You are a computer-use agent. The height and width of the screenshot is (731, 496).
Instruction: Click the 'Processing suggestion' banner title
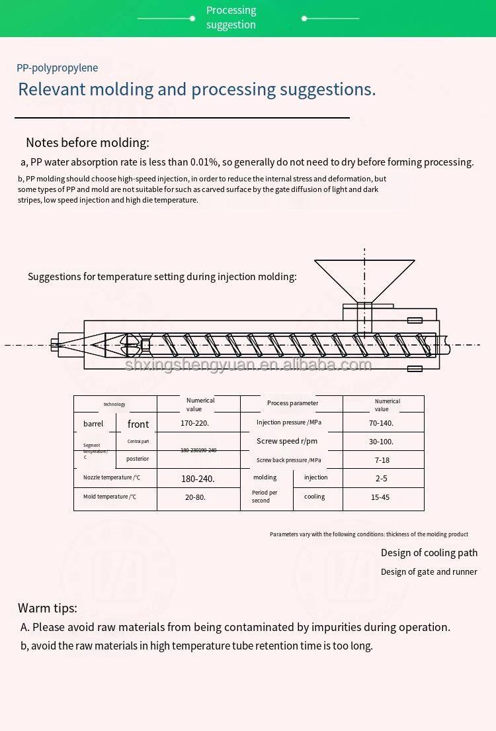click(x=231, y=18)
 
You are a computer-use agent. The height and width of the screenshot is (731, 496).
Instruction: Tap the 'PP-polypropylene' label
click(x=58, y=68)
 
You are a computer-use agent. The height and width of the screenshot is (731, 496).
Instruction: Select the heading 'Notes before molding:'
click(x=87, y=142)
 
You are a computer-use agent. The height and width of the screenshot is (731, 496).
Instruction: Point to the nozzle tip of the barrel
click(x=54, y=344)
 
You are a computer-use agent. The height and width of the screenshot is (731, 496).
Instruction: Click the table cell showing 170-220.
click(x=198, y=423)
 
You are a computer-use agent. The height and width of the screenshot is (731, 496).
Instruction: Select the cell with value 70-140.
click(x=381, y=423)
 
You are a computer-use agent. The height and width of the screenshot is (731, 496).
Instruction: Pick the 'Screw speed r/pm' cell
click(x=287, y=442)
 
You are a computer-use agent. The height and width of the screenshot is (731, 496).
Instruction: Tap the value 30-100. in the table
click(x=381, y=442)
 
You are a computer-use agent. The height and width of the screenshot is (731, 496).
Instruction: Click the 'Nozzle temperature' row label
click(x=112, y=477)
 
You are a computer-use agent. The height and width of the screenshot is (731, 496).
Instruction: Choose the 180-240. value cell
click(x=198, y=478)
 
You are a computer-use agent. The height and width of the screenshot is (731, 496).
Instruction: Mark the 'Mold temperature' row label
click(x=110, y=497)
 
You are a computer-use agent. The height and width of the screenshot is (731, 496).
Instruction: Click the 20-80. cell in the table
click(x=195, y=497)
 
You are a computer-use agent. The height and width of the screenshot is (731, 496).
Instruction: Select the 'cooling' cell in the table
click(x=315, y=497)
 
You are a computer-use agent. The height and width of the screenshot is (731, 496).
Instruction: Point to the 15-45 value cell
click(x=380, y=497)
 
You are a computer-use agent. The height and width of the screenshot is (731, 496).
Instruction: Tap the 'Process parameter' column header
click(x=292, y=403)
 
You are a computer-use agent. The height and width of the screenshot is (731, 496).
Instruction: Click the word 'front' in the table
click(x=138, y=424)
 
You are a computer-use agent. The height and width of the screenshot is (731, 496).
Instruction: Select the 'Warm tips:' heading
click(x=48, y=608)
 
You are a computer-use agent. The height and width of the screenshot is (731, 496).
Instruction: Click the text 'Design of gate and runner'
click(x=429, y=571)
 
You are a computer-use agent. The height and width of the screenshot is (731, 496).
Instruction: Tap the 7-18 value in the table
click(x=382, y=460)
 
